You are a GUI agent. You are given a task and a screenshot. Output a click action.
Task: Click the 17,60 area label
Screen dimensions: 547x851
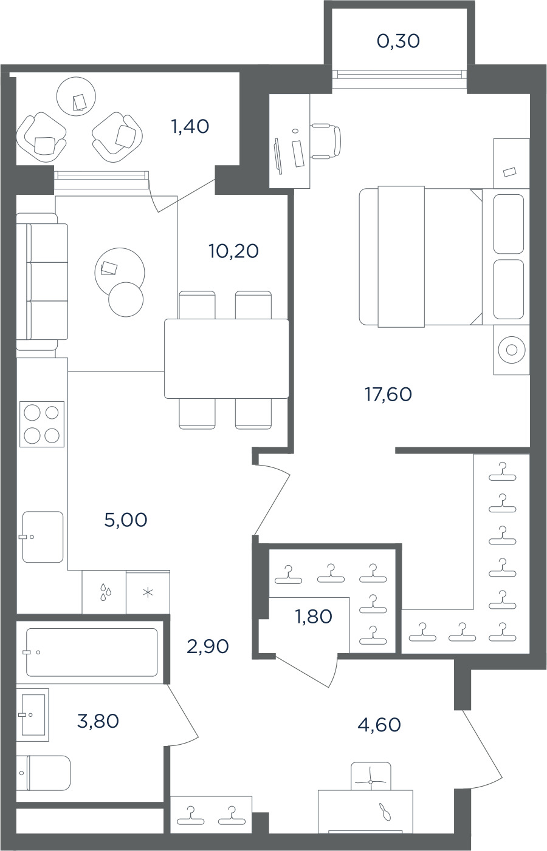click(388, 395)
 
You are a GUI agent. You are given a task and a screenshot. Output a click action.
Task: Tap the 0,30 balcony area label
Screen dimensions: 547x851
click(398, 41)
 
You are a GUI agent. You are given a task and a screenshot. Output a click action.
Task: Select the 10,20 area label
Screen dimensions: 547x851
click(233, 251)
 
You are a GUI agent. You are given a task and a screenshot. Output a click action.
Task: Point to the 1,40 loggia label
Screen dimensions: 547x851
click(190, 126)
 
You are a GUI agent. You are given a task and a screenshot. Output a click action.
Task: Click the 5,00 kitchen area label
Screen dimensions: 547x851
click(126, 520)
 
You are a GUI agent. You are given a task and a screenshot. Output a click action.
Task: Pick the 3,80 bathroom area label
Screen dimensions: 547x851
click(98, 720)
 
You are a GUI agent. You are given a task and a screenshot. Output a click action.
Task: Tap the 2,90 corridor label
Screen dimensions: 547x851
click(208, 646)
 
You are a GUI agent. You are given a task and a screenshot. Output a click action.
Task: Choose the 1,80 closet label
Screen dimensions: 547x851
click(314, 616)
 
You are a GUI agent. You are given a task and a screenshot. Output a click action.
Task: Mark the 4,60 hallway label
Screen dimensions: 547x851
click(379, 725)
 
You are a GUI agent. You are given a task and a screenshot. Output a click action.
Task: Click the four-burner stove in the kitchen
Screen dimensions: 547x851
click(42, 424)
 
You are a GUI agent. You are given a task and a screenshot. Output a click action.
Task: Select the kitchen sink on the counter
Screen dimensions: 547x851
click(43, 537)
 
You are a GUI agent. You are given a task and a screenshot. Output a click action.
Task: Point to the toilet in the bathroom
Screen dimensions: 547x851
click(43, 773)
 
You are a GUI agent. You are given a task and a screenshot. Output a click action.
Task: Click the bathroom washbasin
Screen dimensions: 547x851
click(33, 714)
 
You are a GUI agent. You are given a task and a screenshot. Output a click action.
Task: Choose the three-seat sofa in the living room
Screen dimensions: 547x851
click(42, 282)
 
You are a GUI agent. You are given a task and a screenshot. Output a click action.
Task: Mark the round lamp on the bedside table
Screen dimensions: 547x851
click(512, 350)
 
